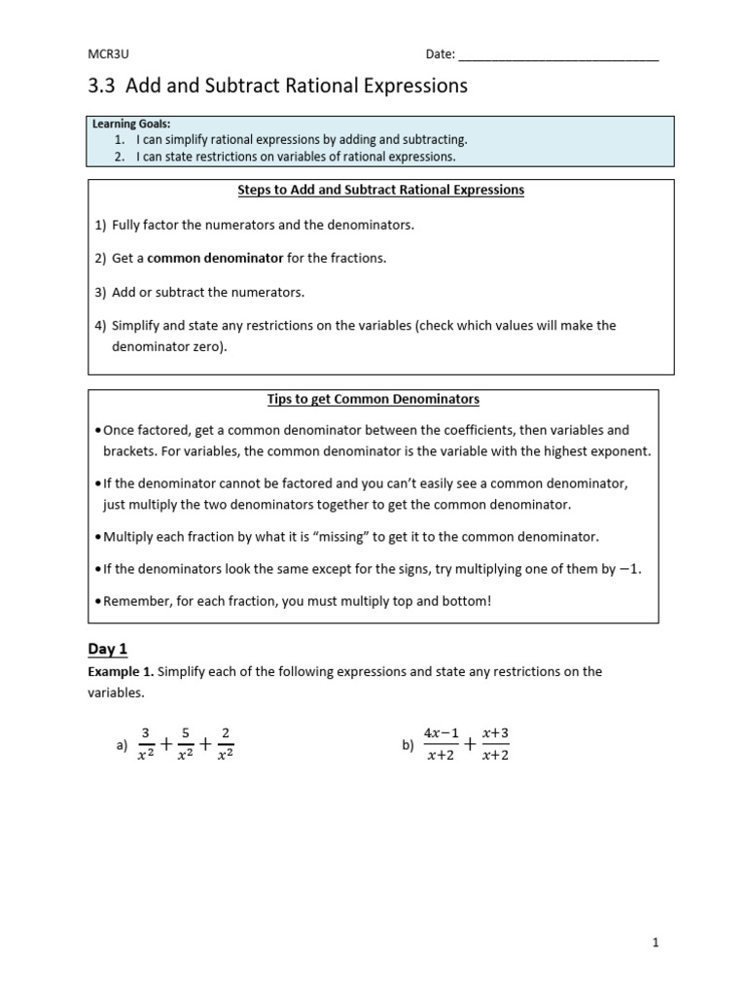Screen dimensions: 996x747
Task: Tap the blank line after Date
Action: [x=558, y=55]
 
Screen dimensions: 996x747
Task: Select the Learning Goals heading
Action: [x=130, y=124]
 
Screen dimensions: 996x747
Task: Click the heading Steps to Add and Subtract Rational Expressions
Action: [x=381, y=190]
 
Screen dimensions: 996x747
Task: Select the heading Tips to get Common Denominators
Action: [x=373, y=399]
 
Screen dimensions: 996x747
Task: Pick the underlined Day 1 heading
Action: [x=108, y=649]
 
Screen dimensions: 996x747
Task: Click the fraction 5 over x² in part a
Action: [x=186, y=744]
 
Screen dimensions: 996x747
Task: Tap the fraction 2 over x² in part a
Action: [x=226, y=744]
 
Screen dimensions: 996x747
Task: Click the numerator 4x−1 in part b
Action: [x=441, y=733]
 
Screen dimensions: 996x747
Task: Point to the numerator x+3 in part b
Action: [x=495, y=733]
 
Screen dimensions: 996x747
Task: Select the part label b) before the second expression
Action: [x=408, y=746]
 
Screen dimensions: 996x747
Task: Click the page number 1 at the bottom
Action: [x=656, y=943]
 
